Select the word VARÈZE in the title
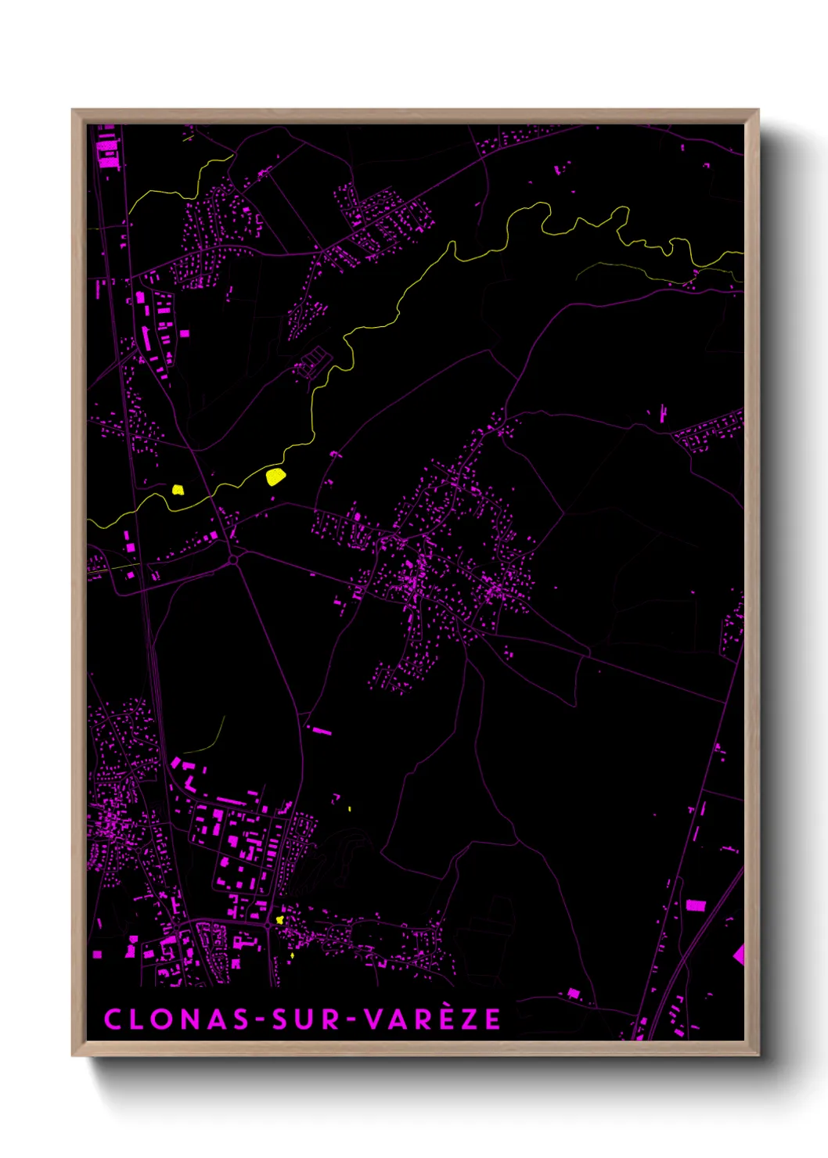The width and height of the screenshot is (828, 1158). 433,1019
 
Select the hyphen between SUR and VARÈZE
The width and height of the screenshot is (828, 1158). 351,1020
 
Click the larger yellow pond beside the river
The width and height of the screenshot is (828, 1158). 275,476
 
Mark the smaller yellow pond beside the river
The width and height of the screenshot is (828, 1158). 178,490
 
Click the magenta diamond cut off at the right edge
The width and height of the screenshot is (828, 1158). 738,954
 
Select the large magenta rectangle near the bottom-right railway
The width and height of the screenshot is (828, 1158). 695,905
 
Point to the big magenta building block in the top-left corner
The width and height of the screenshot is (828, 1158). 106,149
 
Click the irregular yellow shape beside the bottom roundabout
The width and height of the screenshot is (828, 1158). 279,920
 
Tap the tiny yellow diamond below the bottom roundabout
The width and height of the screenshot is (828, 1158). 292,955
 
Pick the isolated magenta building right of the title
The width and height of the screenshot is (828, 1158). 574,993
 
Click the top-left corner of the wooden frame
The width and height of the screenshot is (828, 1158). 73,110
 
